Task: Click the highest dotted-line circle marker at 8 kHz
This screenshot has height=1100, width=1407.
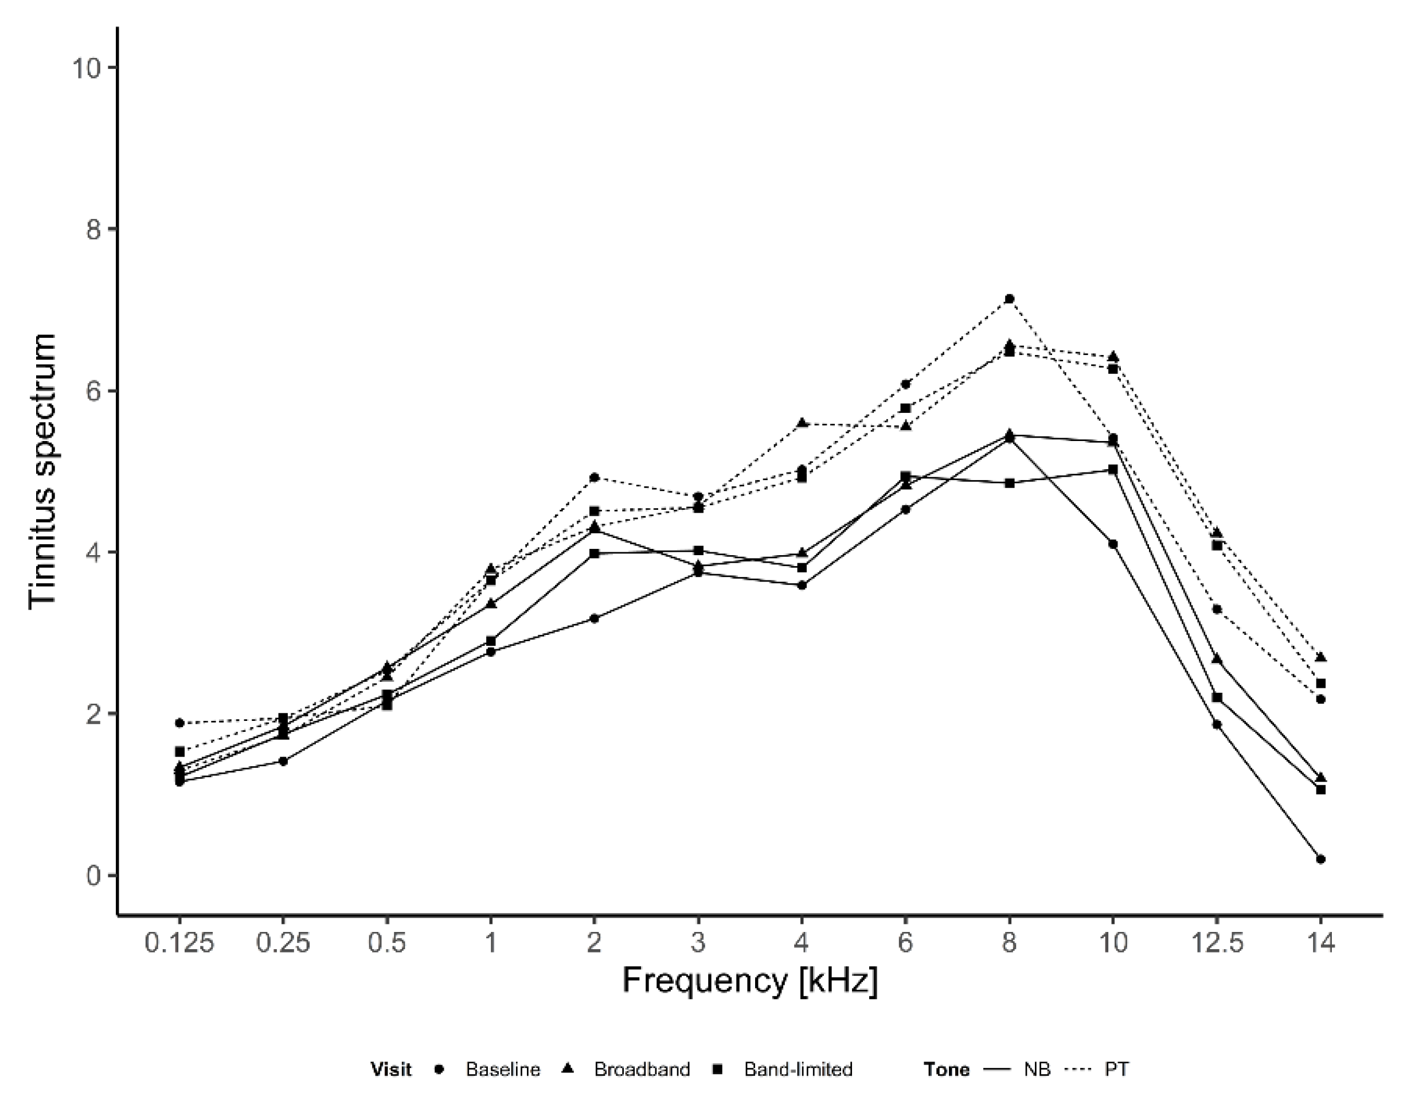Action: pos(1010,299)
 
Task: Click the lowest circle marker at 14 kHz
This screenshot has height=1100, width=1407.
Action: pos(1320,859)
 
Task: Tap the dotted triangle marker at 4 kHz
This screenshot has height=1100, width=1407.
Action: pos(802,423)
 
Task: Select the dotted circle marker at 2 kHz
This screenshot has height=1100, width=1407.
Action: pos(595,478)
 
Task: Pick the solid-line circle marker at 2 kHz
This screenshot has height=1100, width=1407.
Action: pos(595,619)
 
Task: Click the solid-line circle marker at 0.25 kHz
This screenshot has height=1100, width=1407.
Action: pos(283,761)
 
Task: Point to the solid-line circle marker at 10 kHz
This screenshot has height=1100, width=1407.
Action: pos(1113,544)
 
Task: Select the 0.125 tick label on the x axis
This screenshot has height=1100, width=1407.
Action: pos(179,943)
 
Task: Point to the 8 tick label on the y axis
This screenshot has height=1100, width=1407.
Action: pos(94,229)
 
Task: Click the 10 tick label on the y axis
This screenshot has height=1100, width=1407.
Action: pos(87,68)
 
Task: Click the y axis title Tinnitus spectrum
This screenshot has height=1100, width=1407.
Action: pos(42,470)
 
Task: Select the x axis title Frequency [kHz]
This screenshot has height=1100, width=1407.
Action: pos(750,981)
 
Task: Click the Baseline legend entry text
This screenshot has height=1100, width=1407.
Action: pos(502,1070)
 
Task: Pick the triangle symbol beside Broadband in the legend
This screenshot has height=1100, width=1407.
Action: pos(568,1069)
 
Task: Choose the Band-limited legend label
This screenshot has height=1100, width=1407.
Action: pos(798,1070)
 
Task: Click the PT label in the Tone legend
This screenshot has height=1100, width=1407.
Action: pos(1117,1070)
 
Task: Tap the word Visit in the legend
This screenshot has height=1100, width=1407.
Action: pos(391,1070)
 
